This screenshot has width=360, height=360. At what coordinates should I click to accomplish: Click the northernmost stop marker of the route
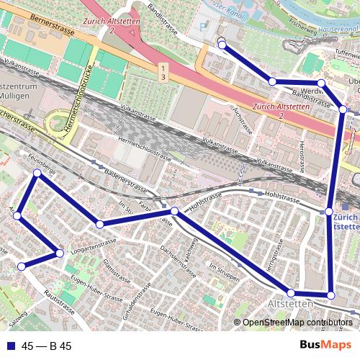click(222, 45)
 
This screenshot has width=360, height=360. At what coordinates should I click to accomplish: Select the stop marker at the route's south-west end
click(22, 266)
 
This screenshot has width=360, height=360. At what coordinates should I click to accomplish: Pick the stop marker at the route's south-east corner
click(330, 295)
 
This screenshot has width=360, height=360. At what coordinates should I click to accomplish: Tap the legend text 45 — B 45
click(47, 346)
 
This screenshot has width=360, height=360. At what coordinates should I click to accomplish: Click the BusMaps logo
click(325, 346)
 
